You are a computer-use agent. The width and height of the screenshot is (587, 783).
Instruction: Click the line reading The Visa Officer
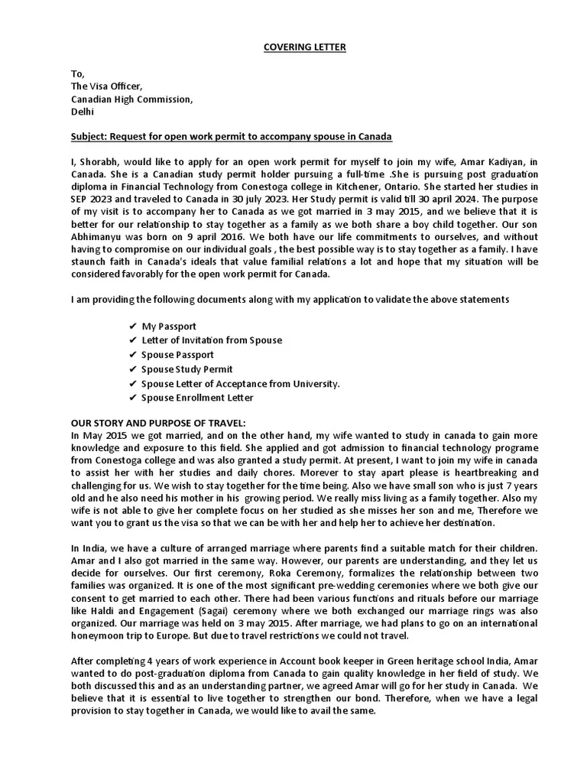pyautogui.click(x=106, y=86)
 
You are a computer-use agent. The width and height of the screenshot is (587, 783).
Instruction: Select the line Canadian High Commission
pyautogui.click(x=132, y=99)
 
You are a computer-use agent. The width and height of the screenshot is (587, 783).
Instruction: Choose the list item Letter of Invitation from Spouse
pyautogui.click(x=212, y=340)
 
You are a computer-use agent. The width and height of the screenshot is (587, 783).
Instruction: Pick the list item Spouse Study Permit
pyautogui.click(x=183, y=369)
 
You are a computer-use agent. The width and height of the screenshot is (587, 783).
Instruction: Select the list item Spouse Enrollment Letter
pyautogui.click(x=198, y=398)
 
